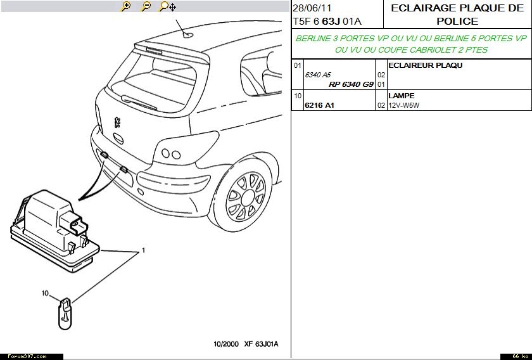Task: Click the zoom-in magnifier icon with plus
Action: (125, 6)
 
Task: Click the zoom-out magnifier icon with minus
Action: (146, 6)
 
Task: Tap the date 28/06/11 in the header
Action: (312, 8)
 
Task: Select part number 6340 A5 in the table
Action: (317, 75)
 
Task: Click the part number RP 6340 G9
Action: (351, 84)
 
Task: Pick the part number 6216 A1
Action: (319, 105)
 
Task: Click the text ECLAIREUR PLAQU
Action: (425, 65)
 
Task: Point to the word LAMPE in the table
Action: (402, 96)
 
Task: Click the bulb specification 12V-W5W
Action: (404, 105)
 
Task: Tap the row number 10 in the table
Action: (298, 96)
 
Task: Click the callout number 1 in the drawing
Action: (143, 250)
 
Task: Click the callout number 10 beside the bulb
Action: (45, 293)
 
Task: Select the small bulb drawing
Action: (65, 314)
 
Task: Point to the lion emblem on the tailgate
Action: (117, 122)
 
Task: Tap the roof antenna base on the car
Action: (188, 34)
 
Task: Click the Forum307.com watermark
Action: (27, 356)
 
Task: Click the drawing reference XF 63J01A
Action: (261, 344)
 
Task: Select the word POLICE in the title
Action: (457, 21)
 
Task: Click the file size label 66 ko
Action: (516, 356)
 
